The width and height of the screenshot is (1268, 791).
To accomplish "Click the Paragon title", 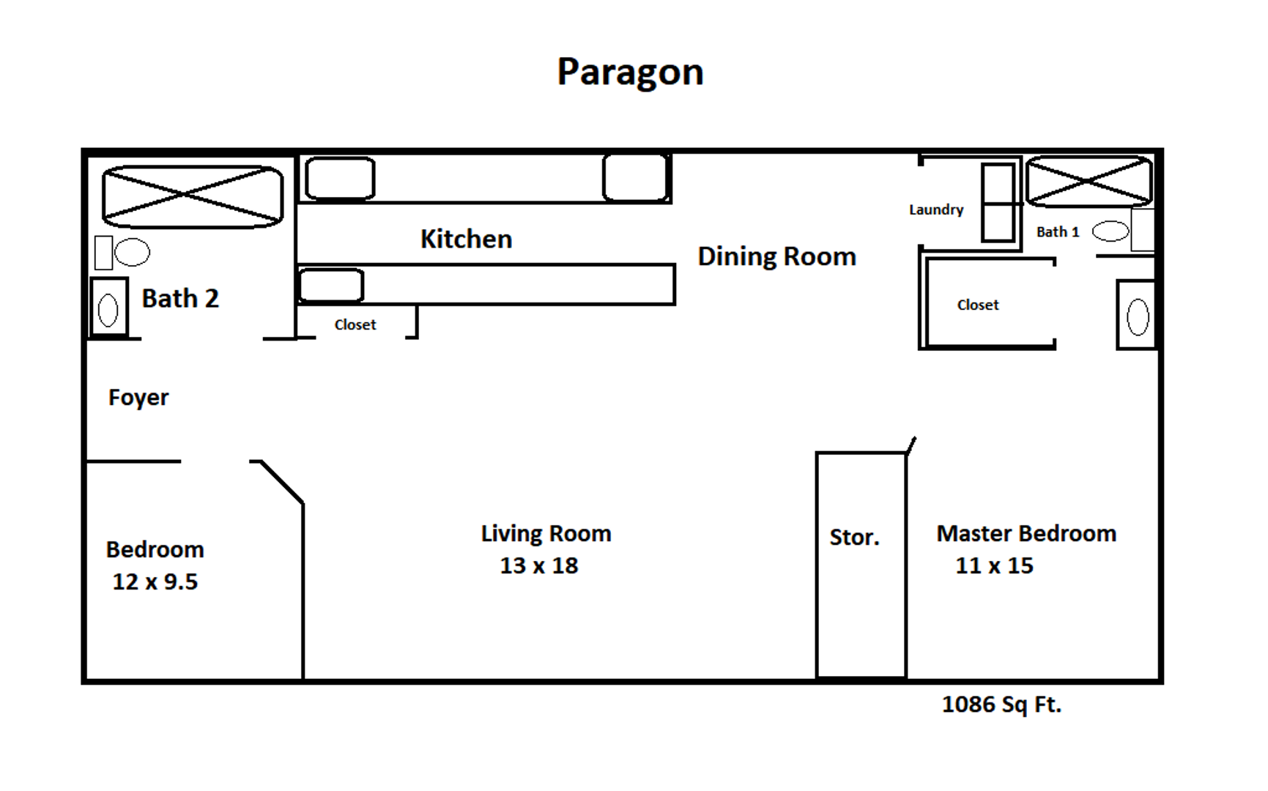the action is point(630,73).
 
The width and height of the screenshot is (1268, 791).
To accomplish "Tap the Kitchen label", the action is point(466,239).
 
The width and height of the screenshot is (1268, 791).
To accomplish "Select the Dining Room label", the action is point(776,256).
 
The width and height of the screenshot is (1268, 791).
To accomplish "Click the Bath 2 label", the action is point(180,298).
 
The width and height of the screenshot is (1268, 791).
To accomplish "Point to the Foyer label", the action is point(138,398).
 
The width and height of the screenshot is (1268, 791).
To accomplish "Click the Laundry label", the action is point(936,209).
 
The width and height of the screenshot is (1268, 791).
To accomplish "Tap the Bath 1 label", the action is point(1058,232).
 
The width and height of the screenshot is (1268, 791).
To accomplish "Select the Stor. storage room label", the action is point(854,537).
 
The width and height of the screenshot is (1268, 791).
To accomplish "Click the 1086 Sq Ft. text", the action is point(1001,705).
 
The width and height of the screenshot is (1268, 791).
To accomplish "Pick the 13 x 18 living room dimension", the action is point(539,565).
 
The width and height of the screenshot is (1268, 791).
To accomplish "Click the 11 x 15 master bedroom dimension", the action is point(994,565).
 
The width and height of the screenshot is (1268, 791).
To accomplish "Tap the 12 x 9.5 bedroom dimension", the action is point(155,582).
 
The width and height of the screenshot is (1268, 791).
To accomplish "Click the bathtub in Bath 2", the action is point(193,196).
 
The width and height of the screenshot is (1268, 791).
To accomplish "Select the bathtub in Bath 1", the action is point(1089,181).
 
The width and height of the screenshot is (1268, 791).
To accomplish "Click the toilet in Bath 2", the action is point(122,252).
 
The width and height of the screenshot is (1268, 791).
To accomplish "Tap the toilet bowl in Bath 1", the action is point(1111,231).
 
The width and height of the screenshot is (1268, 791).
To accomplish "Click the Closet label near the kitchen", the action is point(355,324).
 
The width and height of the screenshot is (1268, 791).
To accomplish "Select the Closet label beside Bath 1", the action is point(978,305).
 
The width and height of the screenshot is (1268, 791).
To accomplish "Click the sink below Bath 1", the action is point(1136,316).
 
